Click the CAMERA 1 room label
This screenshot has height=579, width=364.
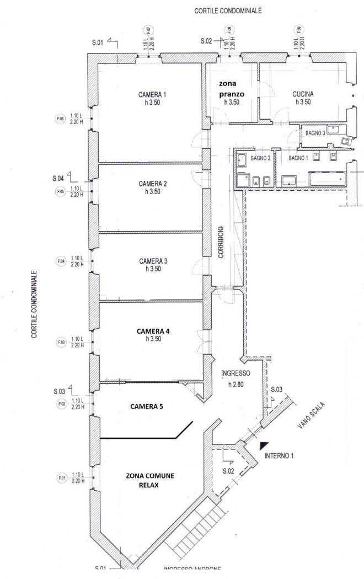[x=152, y=94]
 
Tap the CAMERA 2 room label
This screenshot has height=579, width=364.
[x=152, y=184]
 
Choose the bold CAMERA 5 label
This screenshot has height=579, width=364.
[x=147, y=406]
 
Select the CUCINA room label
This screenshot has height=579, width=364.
[x=303, y=94]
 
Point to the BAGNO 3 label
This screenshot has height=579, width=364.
[x=313, y=133]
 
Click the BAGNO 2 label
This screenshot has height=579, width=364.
[x=260, y=158]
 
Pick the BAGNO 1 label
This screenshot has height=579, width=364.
[x=298, y=158]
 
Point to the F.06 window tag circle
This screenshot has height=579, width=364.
[x=60, y=119]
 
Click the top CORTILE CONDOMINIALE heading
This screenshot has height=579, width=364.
[x=228, y=10]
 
